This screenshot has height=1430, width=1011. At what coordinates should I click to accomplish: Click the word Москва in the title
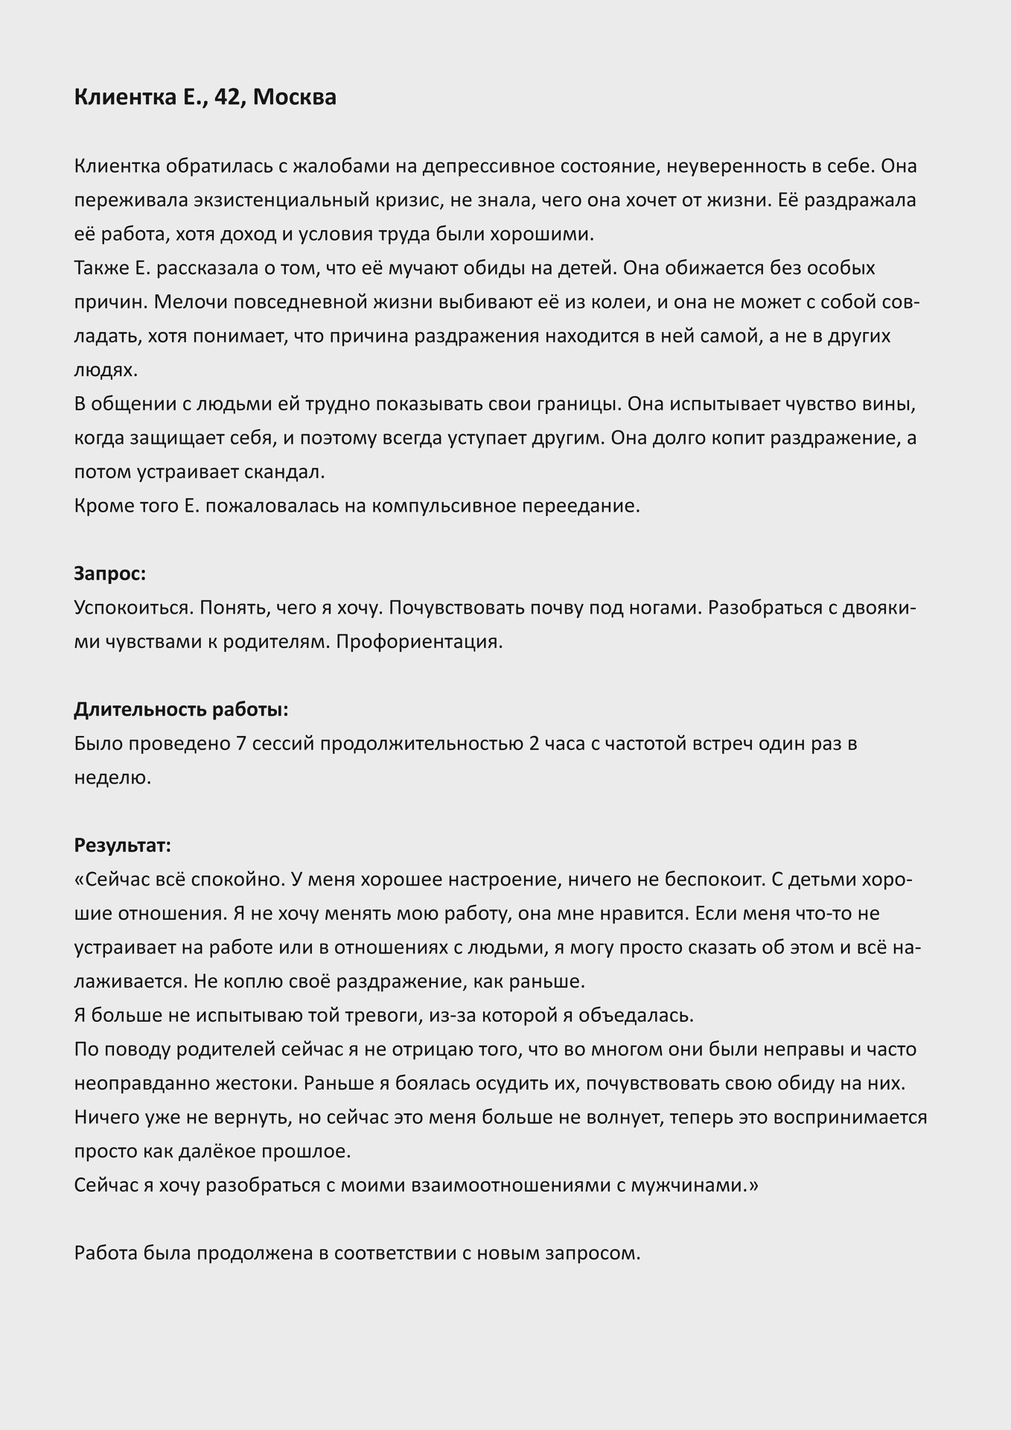(x=295, y=98)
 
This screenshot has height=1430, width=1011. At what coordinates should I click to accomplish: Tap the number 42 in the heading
(x=226, y=98)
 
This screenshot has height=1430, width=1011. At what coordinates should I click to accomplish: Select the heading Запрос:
(x=110, y=573)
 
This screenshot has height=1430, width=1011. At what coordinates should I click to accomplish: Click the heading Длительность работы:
(x=181, y=710)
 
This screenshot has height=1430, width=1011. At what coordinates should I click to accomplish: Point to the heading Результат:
(x=123, y=845)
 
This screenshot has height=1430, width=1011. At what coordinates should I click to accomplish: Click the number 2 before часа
(x=534, y=744)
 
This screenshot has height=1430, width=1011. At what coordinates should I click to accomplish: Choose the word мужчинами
(x=691, y=1185)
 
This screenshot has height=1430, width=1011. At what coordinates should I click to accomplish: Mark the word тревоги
(x=388, y=1015)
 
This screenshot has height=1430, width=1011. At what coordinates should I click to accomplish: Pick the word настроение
(x=510, y=880)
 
